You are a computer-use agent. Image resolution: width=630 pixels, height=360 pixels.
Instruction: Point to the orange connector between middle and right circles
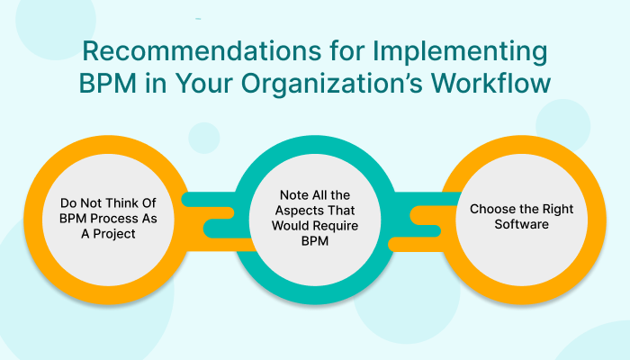[x=423, y=216]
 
